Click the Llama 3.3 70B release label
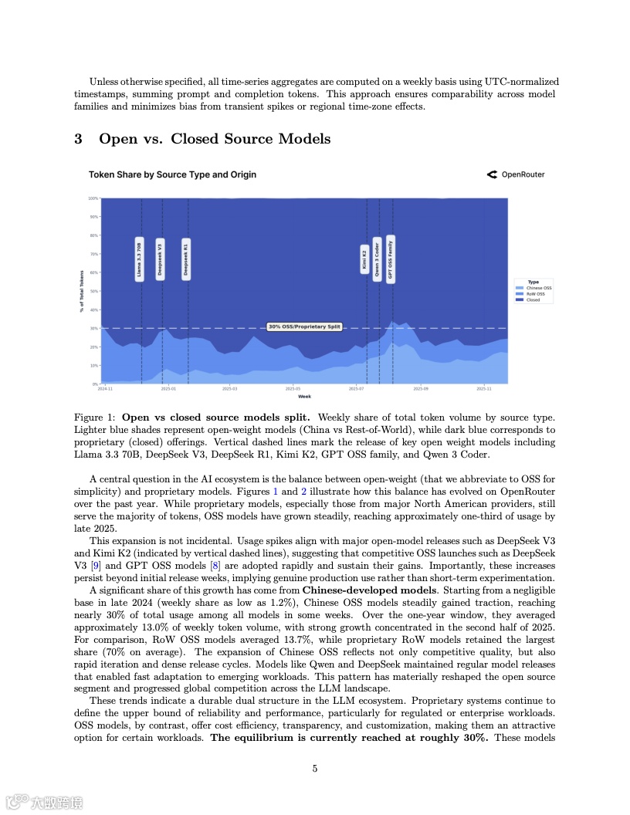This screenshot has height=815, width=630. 139,259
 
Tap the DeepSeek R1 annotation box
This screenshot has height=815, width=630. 186,259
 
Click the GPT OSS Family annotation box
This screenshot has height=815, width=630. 391,259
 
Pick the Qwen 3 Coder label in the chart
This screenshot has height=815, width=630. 377,259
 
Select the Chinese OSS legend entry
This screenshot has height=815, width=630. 537,288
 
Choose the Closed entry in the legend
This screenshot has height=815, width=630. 532,300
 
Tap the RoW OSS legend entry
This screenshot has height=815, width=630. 534,294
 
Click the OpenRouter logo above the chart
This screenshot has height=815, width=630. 516,174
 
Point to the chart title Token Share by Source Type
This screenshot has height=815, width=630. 172,174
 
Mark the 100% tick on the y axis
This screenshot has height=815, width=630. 93,198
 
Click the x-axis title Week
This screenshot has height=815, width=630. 304,397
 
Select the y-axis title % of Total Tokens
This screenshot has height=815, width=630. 81,291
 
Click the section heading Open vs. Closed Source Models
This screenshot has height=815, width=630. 214,139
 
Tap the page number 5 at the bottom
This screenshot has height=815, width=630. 315,768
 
